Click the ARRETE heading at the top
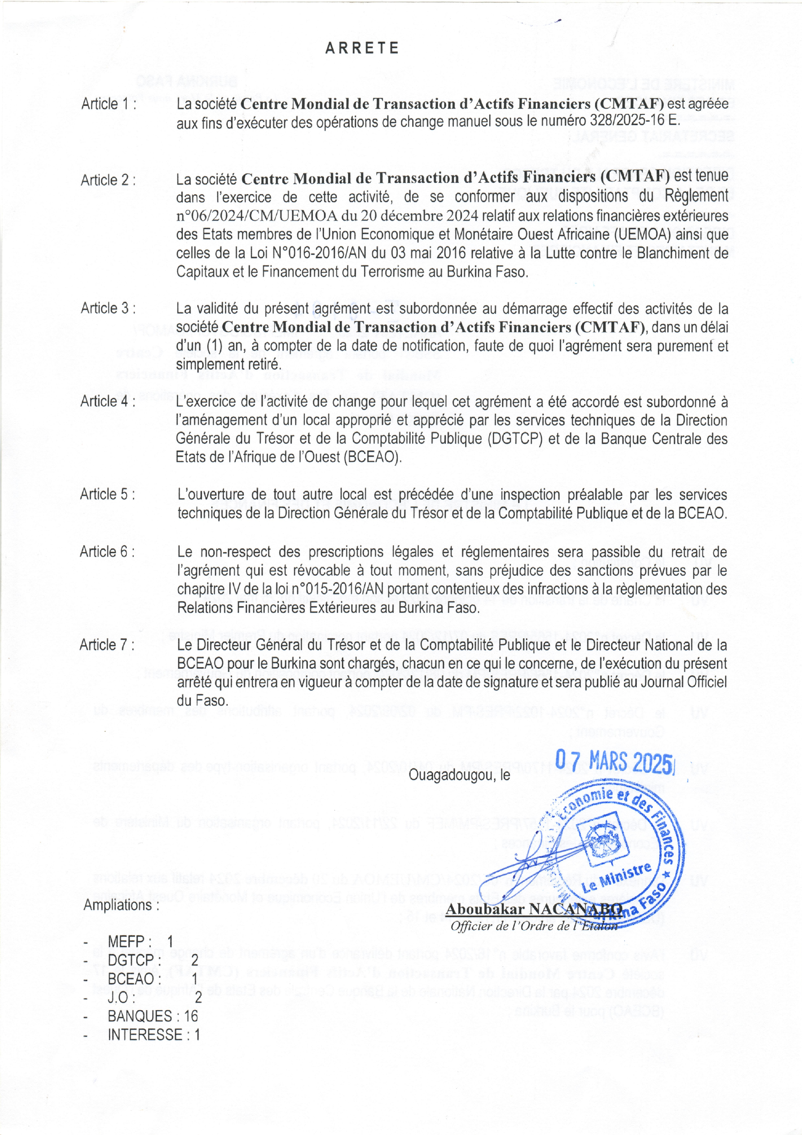point(362,48)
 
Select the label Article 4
point(108,401)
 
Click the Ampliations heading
point(122,906)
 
